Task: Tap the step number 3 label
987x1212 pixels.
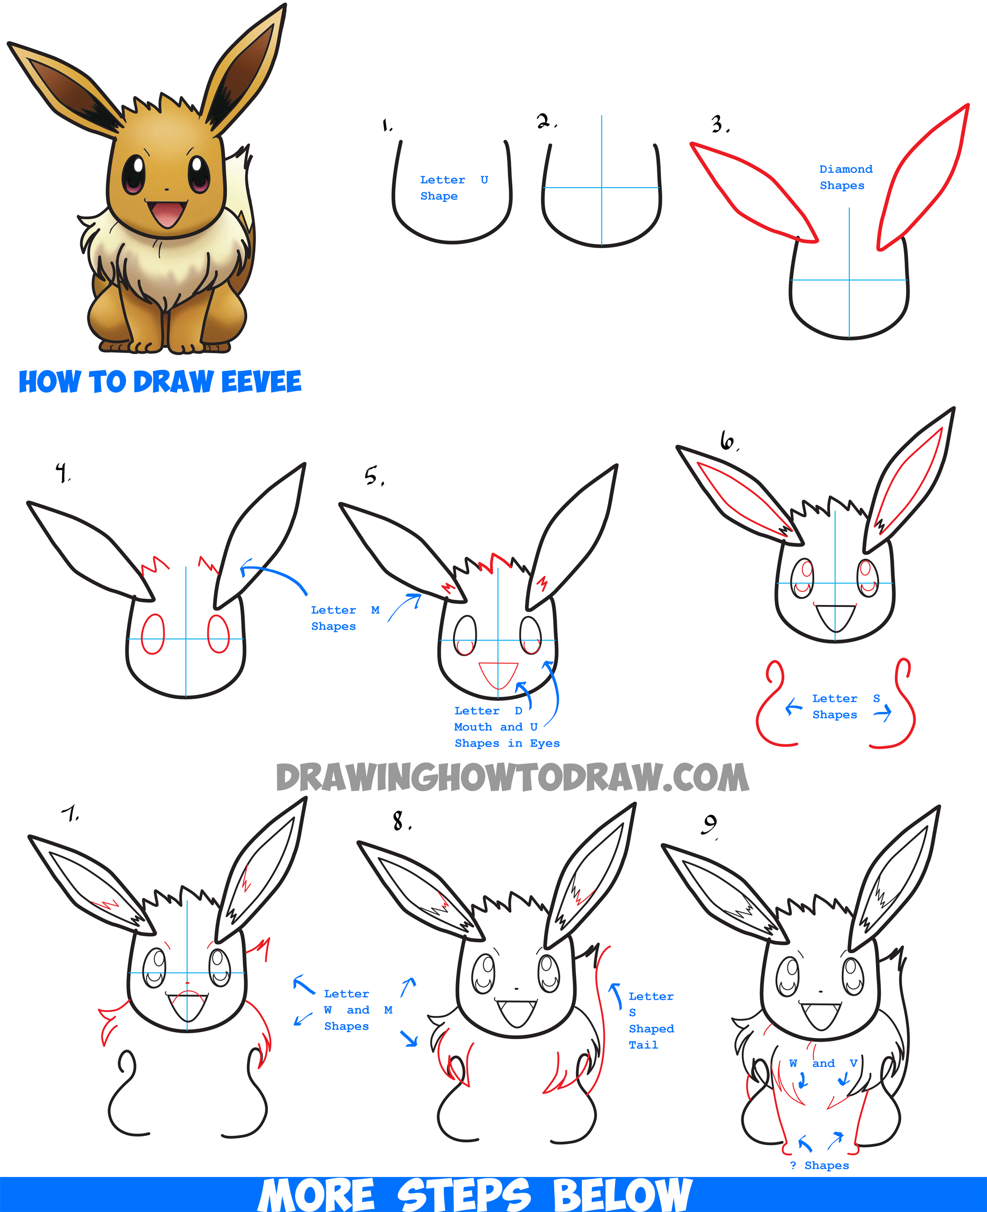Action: click(x=719, y=124)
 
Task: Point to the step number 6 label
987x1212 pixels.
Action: click(x=728, y=441)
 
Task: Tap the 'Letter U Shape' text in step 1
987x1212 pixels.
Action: click(x=453, y=188)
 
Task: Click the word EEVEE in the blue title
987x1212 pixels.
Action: click(x=261, y=382)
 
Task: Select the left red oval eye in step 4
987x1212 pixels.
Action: click(x=152, y=634)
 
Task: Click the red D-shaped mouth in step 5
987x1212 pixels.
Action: click(x=498, y=674)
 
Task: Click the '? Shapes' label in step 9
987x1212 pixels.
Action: click(x=819, y=1166)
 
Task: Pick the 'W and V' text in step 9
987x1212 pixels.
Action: click(x=823, y=1063)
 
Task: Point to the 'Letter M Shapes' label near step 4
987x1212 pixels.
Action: click(x=343, y=618)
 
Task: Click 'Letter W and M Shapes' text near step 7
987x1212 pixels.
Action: click(x=357, y=1010)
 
